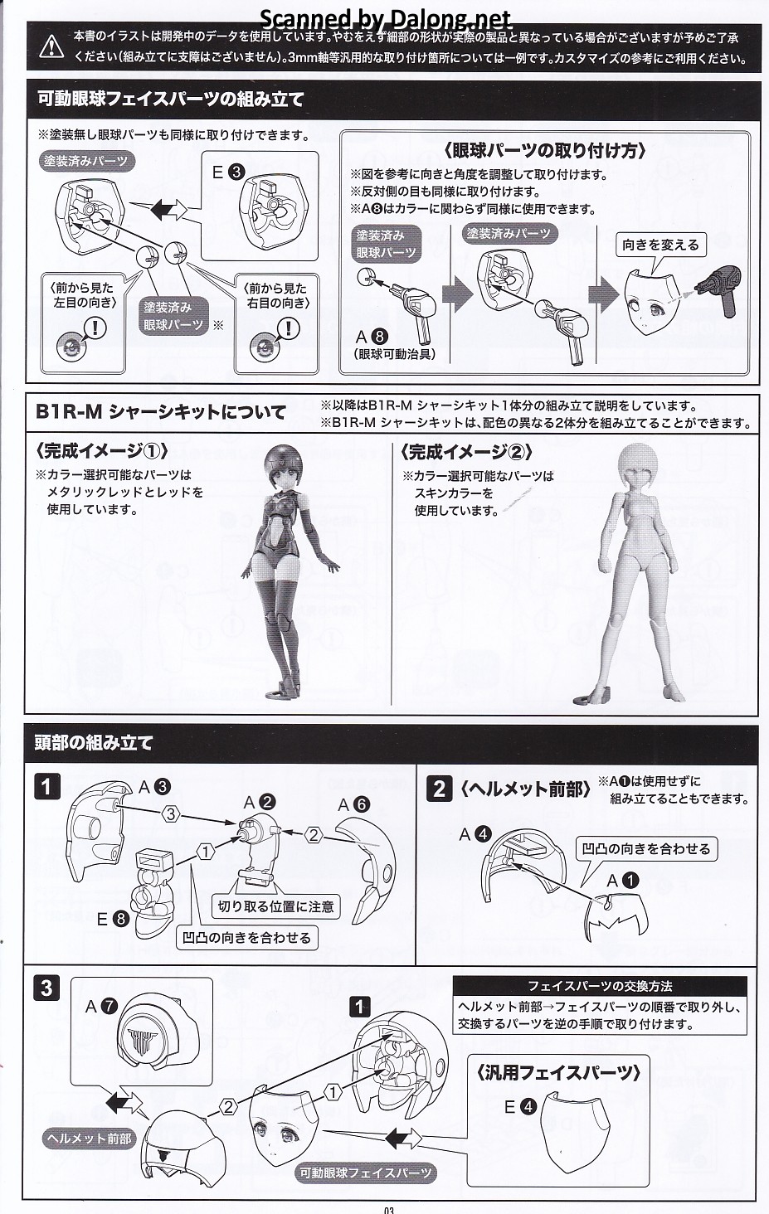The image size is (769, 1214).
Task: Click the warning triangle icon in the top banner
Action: (51, 47)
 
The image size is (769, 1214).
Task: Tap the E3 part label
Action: (228, 172)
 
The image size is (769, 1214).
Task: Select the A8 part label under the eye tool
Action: (371, 337)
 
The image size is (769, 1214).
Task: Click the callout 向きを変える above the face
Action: (660, 245)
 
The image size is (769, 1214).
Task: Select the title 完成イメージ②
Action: (466, 451)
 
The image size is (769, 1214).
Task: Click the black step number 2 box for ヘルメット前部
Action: (439, 789)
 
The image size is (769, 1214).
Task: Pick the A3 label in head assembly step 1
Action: (154, 786)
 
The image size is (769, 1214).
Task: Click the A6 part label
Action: (353, 805)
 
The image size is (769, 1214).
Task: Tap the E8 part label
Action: (113, 919)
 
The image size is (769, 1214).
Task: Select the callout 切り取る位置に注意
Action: (275, 906)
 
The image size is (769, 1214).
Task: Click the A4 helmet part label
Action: (475, 834)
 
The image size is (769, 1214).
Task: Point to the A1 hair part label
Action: (622, 881)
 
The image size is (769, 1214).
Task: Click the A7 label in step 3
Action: (101, 1007)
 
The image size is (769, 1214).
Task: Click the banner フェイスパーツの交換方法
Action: (600, 986)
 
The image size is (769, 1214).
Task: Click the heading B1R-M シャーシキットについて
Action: (161, 412)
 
